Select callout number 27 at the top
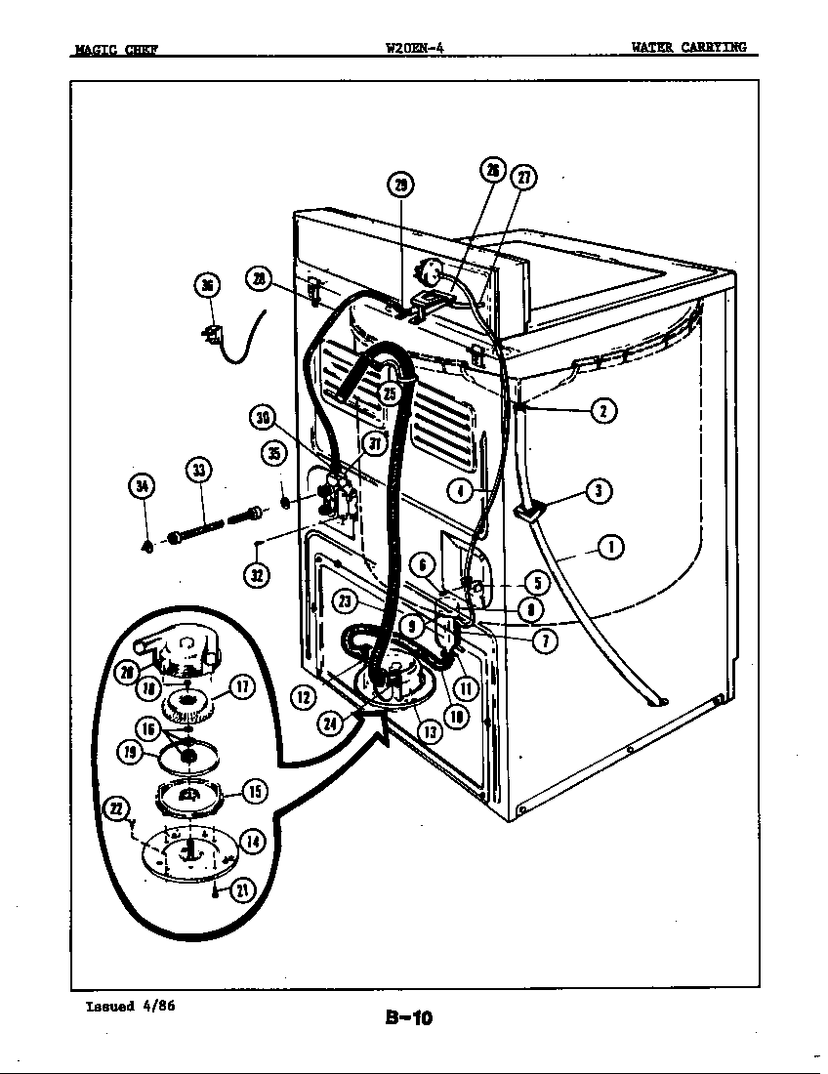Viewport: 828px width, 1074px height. pyautogui.click(x=525, y=177)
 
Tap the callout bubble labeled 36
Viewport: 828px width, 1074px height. pyautogui.click(x=207, y=285)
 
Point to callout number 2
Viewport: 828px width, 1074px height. pyautogui.click(x=603, y=410)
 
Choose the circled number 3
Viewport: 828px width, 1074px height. pyautogui.click(x=598, y=491)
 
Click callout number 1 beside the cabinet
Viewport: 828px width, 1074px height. pyautogui.click(x=611, y=546)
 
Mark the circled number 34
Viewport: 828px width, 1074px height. pyautogui.click(x=143, y=485)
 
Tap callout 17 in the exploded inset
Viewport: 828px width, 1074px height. pyautogui.click(x=243, y=686)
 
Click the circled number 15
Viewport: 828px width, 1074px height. pyautogui.click(x=254, y=791)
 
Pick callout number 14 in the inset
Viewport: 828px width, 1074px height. pyautogui.click(x=252, y=843)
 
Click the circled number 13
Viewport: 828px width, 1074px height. pyautogui.click(x=430, y=731)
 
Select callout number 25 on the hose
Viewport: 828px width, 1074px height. pyautogui.click(x=390, y=393)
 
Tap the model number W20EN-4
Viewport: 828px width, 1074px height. pyautogui.click(x=415, y=47)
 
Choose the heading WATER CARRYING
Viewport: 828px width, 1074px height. pyautogui.click(x=688, y=47)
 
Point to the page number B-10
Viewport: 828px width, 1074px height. pyautogui.click(x=408, y=1018)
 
